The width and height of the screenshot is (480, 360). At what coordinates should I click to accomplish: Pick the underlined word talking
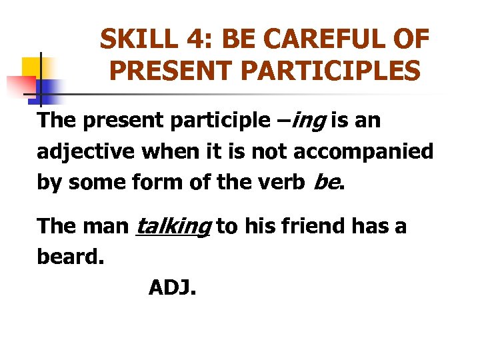pyautogui.click(x=173, y=227)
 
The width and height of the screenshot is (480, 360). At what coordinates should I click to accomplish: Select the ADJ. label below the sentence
pyautogui.click(x=172, y=288)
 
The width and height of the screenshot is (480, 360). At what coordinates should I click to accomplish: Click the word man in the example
pyautogui.click(x=108, y=227)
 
